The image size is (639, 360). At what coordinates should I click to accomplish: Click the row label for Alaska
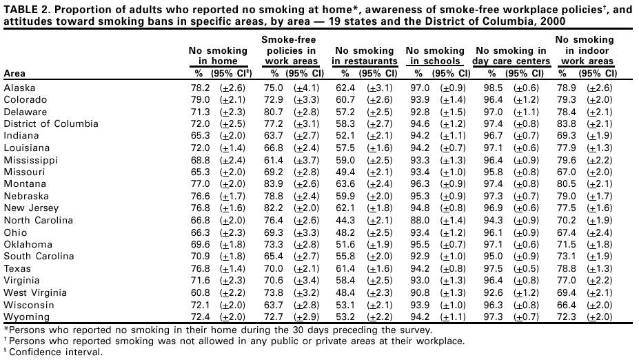[x=19, y=88]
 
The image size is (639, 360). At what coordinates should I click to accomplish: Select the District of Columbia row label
[x=51, y=123]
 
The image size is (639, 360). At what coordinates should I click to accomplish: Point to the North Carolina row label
[x=39, y=220]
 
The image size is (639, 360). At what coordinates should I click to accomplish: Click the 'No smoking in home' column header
[x=217, y=56]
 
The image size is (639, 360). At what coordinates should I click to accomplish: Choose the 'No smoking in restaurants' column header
[x=364, y=56]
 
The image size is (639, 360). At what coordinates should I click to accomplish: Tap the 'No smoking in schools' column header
[x=435, y=56]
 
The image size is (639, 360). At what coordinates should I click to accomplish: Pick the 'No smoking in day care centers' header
[x=511, y=56]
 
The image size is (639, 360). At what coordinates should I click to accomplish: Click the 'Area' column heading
[x=15, y=72]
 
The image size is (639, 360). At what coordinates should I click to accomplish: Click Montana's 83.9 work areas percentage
[x=277, y=183]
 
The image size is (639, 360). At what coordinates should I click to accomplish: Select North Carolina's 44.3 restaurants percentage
[x=345, y=220]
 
